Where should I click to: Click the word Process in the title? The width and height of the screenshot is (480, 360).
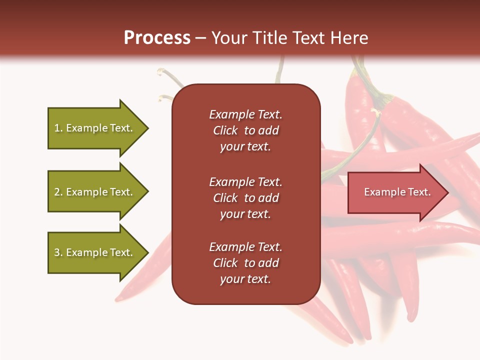157,38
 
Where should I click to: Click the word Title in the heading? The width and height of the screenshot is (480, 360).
270,38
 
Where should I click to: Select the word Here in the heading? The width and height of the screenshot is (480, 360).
349,38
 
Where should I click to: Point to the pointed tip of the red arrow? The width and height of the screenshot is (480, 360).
447,192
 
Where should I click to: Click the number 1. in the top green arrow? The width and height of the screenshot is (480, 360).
58,128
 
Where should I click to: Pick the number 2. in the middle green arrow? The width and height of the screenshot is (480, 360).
58,192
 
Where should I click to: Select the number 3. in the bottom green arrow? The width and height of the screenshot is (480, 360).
58,252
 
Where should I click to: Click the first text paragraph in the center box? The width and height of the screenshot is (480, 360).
245,130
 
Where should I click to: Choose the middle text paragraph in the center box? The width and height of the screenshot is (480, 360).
245,198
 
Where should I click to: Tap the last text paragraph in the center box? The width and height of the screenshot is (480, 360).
245,263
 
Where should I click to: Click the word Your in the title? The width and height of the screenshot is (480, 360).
230,38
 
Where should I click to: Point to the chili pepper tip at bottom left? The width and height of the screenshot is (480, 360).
118,299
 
